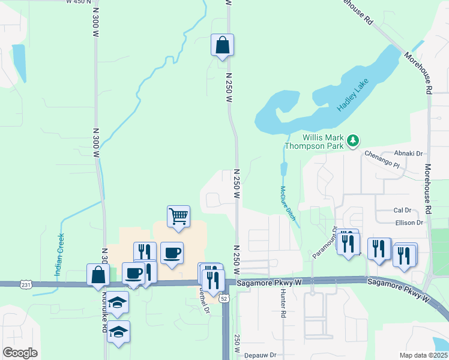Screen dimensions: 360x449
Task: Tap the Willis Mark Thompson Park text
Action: click(x=315, y=141)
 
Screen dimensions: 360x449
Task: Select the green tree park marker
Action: click(x=354, y=140)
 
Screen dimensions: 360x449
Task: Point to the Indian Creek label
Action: click(x=59, y=256)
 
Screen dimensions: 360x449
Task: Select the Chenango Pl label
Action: click(x=382, y=159)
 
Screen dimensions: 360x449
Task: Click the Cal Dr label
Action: click(x=402, y=211)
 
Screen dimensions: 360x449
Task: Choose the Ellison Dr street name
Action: click(x=409, y=223)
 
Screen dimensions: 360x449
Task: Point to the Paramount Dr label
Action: click(x=325, y=243)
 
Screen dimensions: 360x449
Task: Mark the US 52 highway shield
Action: click(x=223, y=298)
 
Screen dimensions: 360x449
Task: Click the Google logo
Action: click(x=20, y=353)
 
